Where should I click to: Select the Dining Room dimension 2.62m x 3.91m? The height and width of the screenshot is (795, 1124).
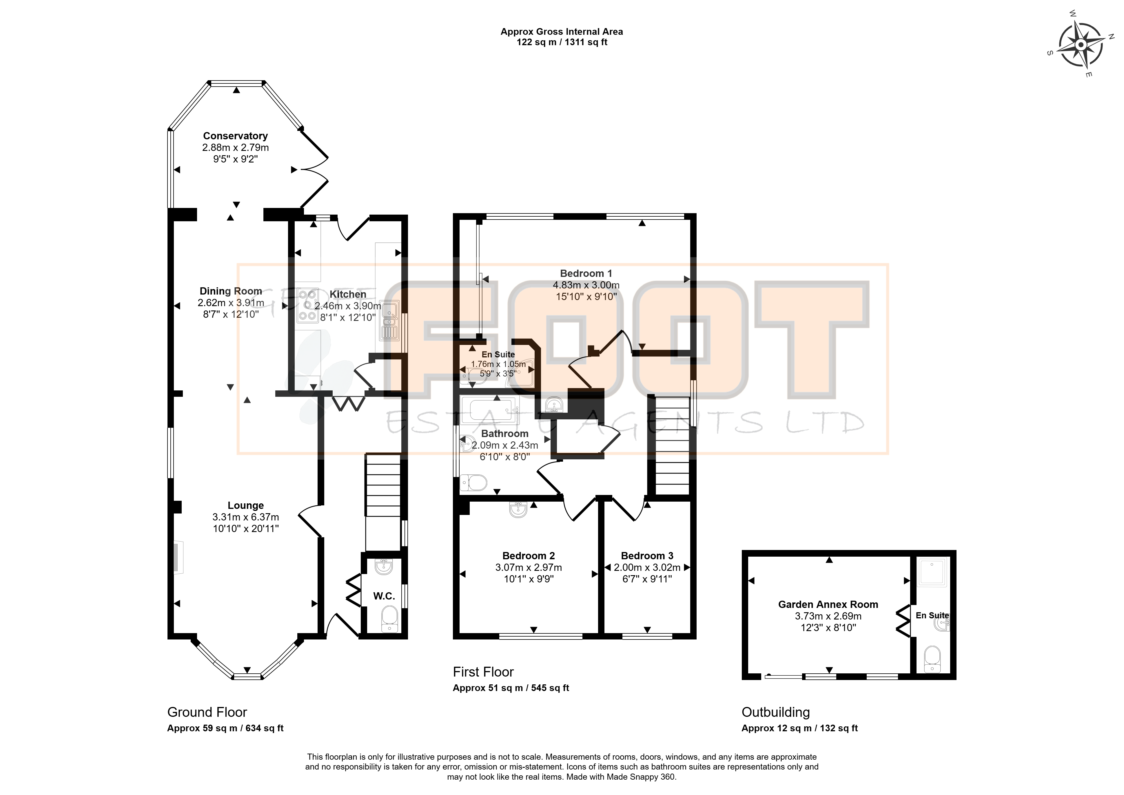[x=231, y=303]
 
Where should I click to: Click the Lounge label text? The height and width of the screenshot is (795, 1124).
[x=245, y=505]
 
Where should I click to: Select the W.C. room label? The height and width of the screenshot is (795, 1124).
[x=384, y=596]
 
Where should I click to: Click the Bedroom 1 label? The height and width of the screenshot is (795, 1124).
[x=586, y=273]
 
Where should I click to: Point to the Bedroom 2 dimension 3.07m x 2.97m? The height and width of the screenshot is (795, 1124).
[x=529, y=567]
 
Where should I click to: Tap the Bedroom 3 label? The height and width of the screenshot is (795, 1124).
[x=647, y=555]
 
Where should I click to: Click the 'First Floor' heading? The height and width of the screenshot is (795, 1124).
[x=483, y=672]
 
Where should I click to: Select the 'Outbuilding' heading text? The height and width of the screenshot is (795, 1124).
[x=776, y=712]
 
